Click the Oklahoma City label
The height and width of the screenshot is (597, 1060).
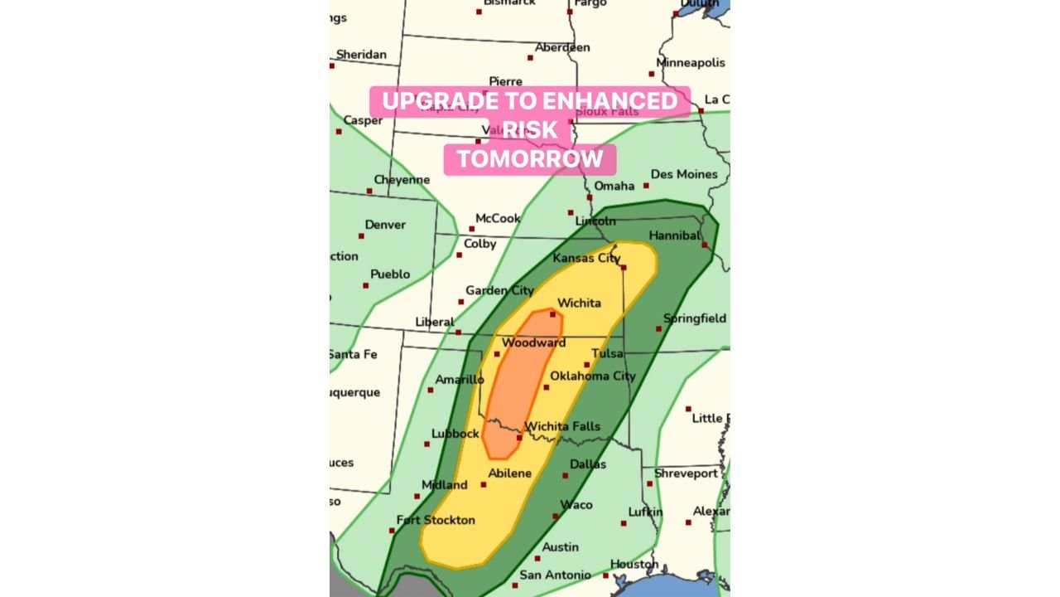coord(592,376)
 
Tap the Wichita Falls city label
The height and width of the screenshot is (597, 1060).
coord(563,427)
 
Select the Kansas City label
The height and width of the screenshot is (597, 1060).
coord(586,258)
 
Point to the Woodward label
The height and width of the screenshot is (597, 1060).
coord(533,342)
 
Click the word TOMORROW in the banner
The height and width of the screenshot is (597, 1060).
coord(530,159)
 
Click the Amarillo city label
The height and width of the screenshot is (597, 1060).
coord(460,380)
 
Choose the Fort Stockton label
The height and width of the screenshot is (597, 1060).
coord(436,520)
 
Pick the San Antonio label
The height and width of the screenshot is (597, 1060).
coord(555,575)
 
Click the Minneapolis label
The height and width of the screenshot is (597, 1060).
coord(690,63)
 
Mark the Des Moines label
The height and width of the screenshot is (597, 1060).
coord(684,174)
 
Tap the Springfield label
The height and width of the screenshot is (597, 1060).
coord(695,318)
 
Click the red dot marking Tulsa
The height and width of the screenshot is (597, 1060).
coord(587,364)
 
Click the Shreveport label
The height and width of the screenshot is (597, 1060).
coord(686,473)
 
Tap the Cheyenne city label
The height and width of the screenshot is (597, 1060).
coord(402,180)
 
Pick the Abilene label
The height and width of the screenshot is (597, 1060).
coord(509,473)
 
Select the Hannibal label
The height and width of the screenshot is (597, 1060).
coord(674,235)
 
